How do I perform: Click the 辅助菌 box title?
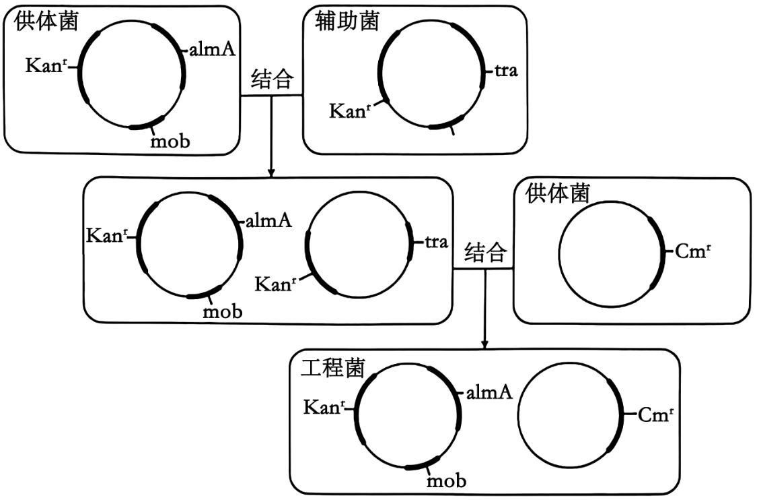(x=347, y=21)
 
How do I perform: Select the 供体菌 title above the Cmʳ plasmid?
(x=556, y=194)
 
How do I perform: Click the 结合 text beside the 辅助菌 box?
(x=272, y=80)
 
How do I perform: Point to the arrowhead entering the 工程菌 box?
(x=484, y=344)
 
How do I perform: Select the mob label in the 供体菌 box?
(x=170, y=141)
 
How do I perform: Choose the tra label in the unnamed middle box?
(x=437, y=242)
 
